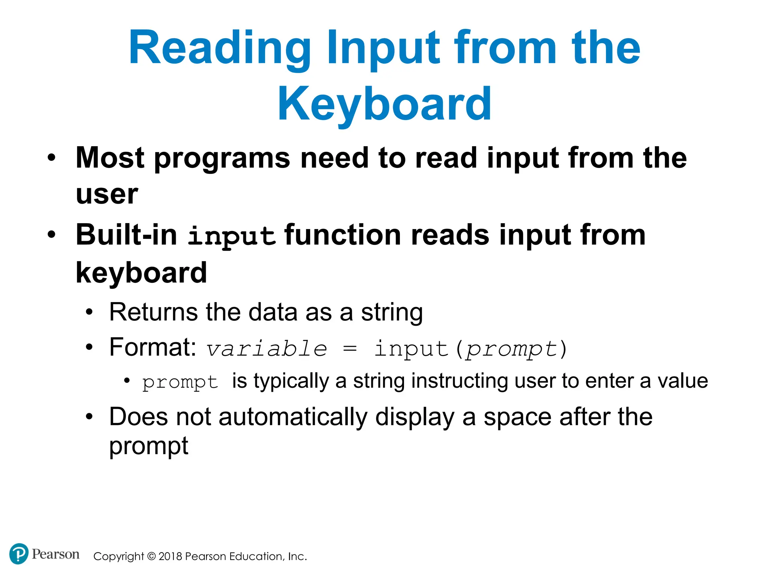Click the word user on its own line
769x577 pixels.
107,195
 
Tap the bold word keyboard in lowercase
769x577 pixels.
141,273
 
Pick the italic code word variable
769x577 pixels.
267,349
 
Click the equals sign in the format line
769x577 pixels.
350,349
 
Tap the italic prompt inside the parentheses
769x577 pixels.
511,349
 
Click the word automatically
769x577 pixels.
293,417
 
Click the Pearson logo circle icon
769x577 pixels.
18,554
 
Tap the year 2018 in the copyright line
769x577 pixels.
170,556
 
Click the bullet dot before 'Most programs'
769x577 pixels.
51,158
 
